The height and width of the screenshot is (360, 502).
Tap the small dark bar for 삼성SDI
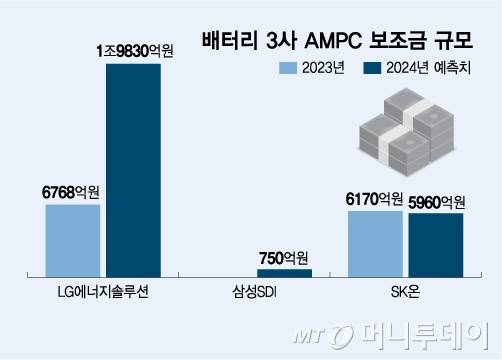click(x=284, y=272)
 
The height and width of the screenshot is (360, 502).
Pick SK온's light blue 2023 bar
click(x=375, y=243)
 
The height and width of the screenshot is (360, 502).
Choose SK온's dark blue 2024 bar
click(x=436, y=244)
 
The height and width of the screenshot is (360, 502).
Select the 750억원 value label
click(x=284, y=256)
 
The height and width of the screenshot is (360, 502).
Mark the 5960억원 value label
click(x=437, y=198)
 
